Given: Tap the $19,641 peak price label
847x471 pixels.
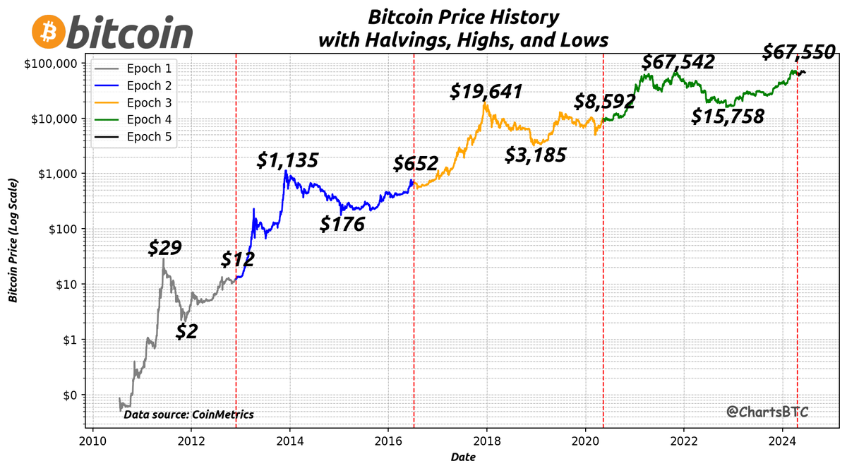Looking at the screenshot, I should click(x=487, y=92).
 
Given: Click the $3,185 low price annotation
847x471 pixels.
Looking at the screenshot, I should click(x=535, y=155).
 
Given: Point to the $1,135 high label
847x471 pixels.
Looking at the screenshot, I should click(x=287, y=160).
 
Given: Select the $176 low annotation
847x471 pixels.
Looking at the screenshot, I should click(x=342, y=225).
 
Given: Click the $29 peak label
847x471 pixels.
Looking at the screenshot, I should click(x=165, y=248).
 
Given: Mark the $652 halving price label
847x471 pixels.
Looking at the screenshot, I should click(x=416, y=164).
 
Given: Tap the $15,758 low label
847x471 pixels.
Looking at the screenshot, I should click(x=728, y=117).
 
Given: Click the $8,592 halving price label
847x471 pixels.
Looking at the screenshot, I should click(x=605, y=102).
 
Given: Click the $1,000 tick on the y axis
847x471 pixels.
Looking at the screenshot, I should click(x=59, y=174).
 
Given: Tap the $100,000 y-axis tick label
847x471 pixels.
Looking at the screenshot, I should click(x=54, y=63).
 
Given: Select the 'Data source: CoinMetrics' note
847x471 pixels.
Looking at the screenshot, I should click(x=188, y=415).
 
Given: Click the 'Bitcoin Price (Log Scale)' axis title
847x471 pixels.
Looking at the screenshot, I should click(x=13, y=241).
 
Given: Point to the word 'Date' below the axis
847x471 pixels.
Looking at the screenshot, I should click(x=463, y=458).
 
